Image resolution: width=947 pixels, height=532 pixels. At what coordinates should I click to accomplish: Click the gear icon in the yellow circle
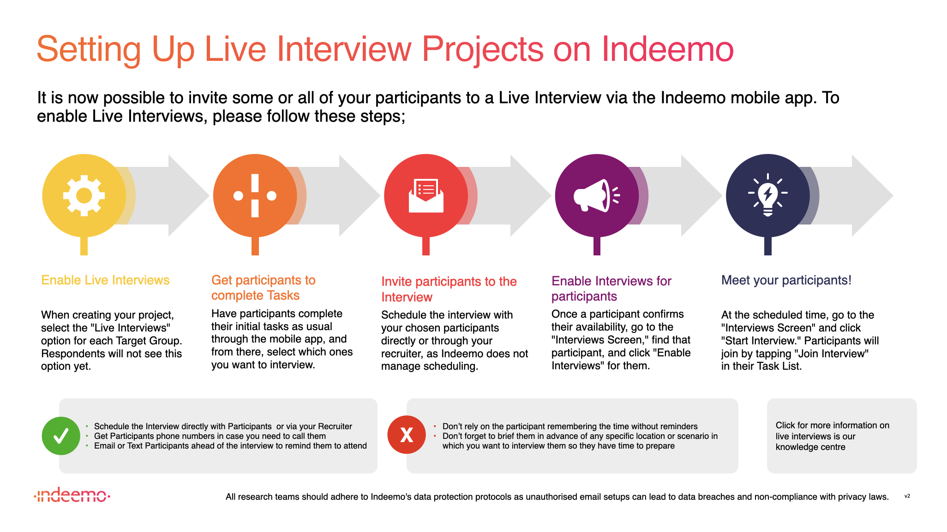point(84,195)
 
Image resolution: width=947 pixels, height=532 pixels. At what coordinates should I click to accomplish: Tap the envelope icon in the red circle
point(426,195)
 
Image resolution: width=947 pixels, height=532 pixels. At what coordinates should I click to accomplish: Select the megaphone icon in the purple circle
point(596,195)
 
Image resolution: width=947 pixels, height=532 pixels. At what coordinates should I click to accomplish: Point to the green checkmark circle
point(61,436)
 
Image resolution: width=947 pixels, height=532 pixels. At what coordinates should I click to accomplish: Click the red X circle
point(407,435)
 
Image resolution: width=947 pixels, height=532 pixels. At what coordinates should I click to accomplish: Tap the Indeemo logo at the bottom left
point(72,495)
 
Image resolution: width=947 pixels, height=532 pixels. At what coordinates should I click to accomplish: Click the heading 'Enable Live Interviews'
point(105,280)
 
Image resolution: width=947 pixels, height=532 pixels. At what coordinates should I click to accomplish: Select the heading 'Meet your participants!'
point(786,280)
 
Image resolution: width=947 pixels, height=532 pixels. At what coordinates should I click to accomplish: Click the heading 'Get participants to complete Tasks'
point(264,288)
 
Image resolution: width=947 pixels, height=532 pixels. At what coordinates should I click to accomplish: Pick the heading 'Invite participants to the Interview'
point(449,289)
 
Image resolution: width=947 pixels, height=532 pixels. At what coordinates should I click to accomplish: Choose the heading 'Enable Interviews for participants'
point(611,288)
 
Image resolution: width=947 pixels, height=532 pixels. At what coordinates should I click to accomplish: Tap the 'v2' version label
point(907,496)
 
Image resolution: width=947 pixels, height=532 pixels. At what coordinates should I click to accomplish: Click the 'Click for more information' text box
point(842,436)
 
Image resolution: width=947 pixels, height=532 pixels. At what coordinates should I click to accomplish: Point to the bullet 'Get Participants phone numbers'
point(210,436)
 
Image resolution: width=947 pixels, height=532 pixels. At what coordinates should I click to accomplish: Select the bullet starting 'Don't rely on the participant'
point(570,426)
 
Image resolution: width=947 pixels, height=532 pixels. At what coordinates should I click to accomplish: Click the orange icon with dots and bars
point(255,195)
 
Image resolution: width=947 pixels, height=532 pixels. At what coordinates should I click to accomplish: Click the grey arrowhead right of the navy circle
point(872,195)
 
